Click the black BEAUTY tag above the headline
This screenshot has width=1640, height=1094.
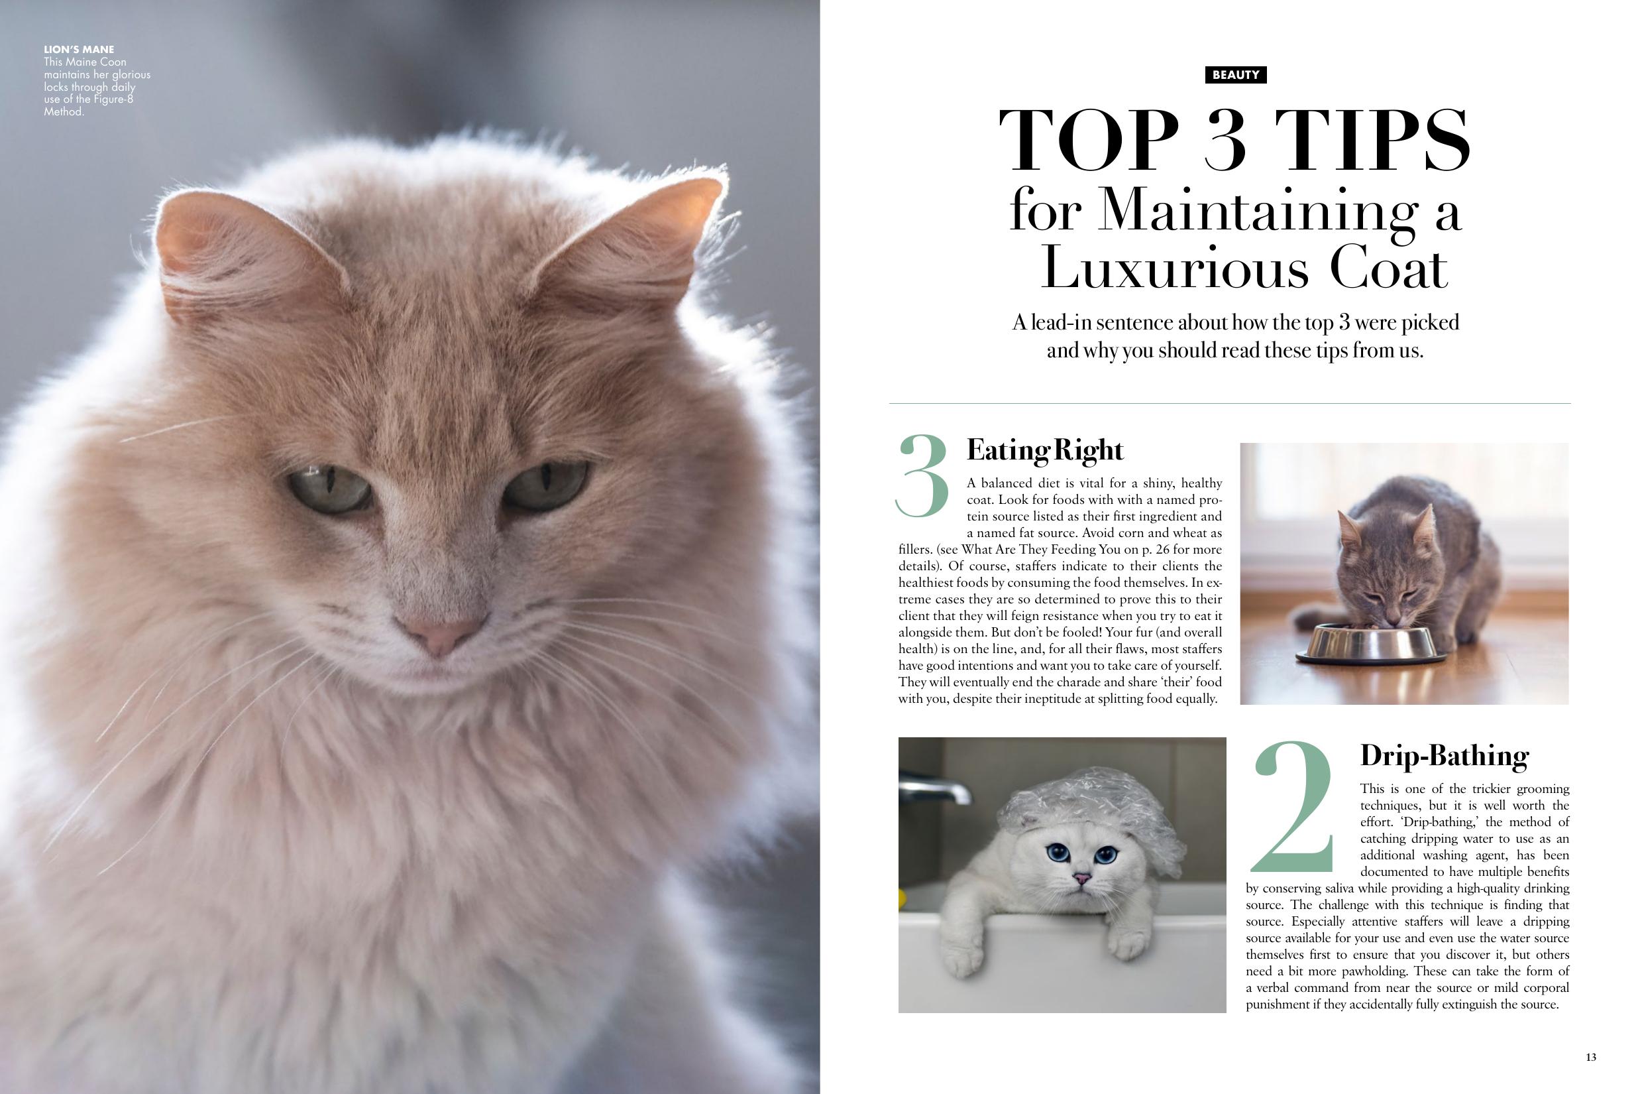(1235, 75)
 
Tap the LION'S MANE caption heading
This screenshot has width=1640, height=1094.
(79, 50)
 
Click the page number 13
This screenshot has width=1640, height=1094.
(1590, 1057)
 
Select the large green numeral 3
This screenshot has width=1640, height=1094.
(922, 477)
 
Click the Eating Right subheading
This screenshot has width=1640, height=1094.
(1044, 451)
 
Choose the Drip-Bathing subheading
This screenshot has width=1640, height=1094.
(1444, 756)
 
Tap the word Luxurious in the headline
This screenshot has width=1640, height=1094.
(1174, 269)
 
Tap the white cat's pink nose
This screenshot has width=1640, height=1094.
(1081, 879)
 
